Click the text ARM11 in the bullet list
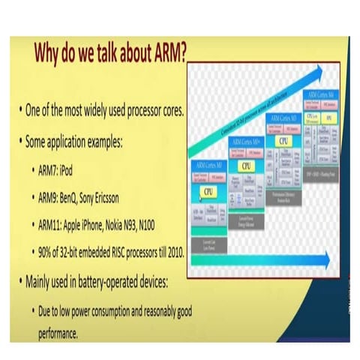pyautogui.click(x=52, y=223)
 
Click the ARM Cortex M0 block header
pyautogui.click(x=210, y=163)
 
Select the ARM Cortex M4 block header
pyautogui.click(x=322, y=95)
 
